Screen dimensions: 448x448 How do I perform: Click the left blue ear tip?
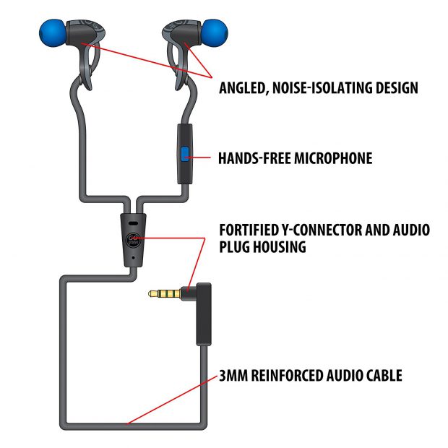52,33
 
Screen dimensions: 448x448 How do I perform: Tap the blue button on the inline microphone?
184,153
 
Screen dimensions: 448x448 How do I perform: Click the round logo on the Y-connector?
133,241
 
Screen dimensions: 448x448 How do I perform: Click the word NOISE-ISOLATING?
321,89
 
